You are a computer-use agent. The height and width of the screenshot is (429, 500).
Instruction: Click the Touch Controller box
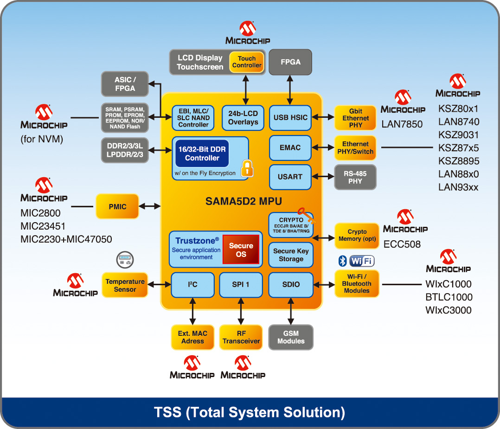tap(246, 62)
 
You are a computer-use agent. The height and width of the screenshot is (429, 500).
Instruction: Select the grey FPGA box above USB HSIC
tap(290, 62)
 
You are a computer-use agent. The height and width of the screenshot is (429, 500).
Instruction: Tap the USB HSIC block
tap(290, 117)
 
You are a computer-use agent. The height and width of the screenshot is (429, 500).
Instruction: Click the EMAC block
tap(290, 147)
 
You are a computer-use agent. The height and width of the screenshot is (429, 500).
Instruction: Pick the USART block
tap(290, 177)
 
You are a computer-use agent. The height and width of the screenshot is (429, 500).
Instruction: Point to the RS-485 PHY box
tap(355, 177)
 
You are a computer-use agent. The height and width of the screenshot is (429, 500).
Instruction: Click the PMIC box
tap(117, 206)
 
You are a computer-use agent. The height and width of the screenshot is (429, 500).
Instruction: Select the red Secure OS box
tap(241, 250)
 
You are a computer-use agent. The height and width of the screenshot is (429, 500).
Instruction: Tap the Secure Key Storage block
tap(291, 255)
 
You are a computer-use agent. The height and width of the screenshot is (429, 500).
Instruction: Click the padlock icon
tap(247, 168)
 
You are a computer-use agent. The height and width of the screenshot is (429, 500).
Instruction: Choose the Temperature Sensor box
tap(125, 285)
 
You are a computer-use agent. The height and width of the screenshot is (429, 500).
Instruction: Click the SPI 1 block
tap(241, 285)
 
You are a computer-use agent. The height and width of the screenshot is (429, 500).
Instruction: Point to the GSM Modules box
tap(291, 337)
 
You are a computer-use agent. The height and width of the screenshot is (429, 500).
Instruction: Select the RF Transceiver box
tap(241, 337)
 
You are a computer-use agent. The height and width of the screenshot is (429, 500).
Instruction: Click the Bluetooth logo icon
tap(342, 261)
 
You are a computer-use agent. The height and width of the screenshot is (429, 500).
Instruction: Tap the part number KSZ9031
tap(459, 135)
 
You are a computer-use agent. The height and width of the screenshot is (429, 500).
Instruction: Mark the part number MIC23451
tap(43, 226)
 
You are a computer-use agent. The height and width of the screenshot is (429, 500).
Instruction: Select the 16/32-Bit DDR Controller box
tap(202, 154)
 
